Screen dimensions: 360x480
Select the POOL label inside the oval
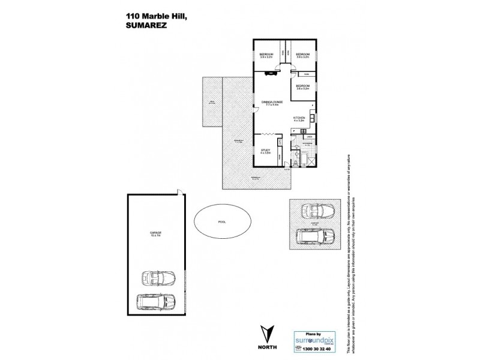coord(223,221)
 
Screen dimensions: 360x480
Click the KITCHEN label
coord(299,118)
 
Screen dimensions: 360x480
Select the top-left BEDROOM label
coord(266,55)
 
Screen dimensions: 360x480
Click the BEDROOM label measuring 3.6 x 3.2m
coord(302,86)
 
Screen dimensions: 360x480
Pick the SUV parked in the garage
coord(155,300)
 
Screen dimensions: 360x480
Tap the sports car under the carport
coord(318,211)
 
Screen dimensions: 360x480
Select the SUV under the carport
coord(316,235)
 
